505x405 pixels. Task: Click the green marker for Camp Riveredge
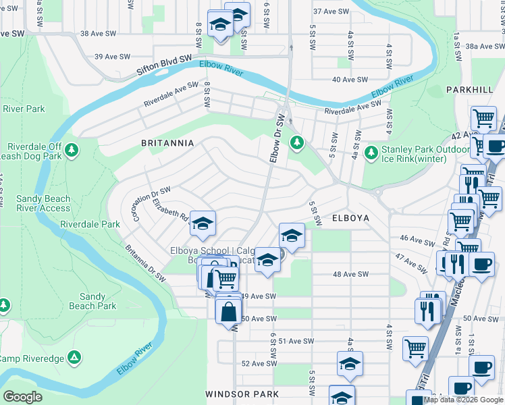pos(75,356)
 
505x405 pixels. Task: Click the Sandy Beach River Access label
pos(43,203)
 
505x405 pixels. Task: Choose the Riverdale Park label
pos(89,224)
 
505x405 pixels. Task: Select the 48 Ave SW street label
pos(352,274)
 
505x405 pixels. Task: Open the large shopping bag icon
pos(228,313)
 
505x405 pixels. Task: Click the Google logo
pos(22,396)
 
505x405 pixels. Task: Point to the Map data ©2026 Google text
pos(464,400)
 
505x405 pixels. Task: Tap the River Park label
pos(24,109)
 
